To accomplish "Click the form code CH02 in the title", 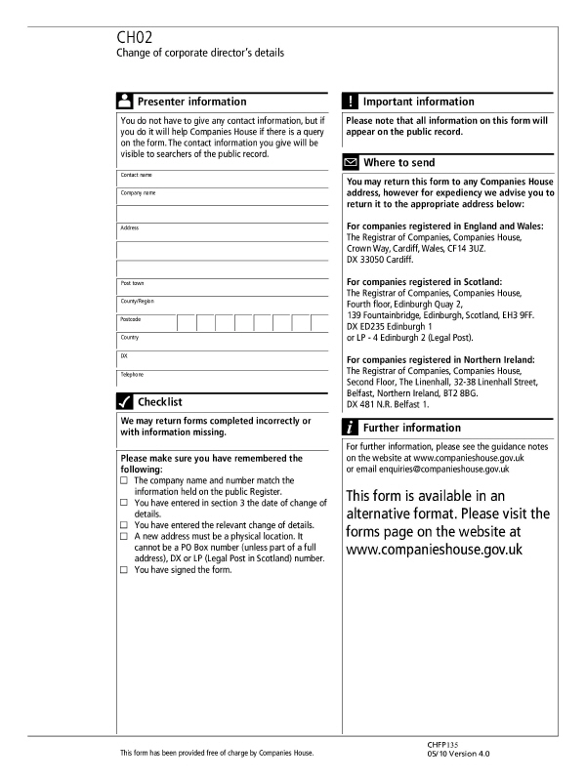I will tap(134, 37).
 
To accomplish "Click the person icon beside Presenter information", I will tap(125, 102).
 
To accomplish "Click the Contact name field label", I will tap(138, 175).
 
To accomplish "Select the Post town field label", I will tap(133, 283).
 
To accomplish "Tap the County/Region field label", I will tap(138, 301).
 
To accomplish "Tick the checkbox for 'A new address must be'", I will tap(124, 537).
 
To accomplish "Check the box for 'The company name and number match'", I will tap(124, 481).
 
